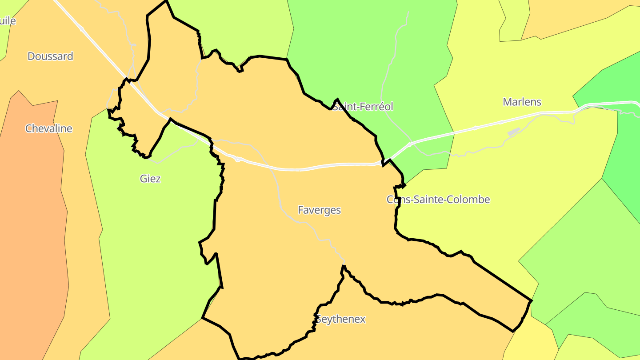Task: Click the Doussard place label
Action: click(x=50, y=56)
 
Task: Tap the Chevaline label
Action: click(x=48, y=128)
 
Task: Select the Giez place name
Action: click(x=150, y=179)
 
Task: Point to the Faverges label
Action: click(x=319, y=210)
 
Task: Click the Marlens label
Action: click(x=522, y=102)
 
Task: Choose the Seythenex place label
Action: click(x=340, y=319)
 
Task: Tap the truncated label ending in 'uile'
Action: click(x=8, y=20)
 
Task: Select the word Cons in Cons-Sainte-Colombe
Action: click(x=396, y=200)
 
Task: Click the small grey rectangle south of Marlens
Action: click(x=513, y=132)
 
